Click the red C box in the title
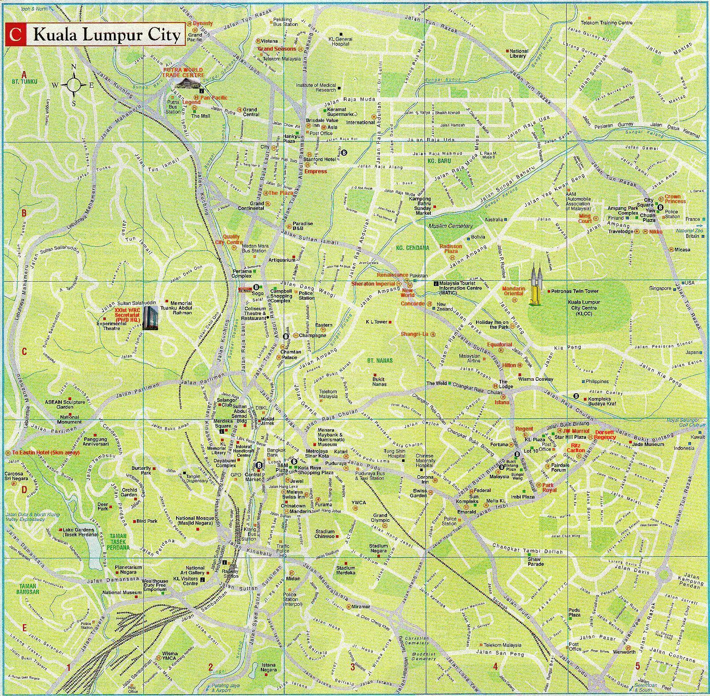pyautogui.click(x=15, y=35)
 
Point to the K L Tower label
pyautogui.click(x=376, y=322)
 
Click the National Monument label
pyautogui.click(x=69, y=419)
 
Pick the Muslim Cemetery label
pyautogui.click(x=450, y=226)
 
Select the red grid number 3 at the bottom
pyautogui.click(x=353, y=666)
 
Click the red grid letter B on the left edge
pyautogui.click(x=24, y=214)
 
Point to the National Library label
pyautogui.click(x=518, y=53)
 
